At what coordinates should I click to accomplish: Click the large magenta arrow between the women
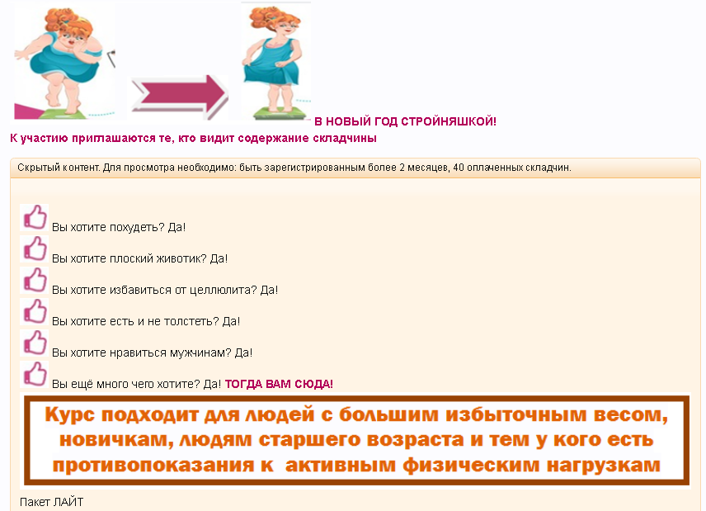click(x=180, y=97)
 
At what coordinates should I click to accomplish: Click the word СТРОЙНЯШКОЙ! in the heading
click(x=449, y=121)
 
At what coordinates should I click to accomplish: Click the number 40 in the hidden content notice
click(x=459, y=168)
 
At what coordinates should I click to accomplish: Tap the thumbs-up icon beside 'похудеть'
click(x=35, y=218)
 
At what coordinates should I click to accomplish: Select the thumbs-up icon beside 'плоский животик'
click(x=35, y=248)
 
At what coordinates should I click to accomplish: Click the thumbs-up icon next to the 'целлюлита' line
click(x=35, y=281)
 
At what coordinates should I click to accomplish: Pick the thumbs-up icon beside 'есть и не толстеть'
click(x=35, y=311)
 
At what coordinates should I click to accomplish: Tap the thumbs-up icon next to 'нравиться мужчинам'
click(x=35, y=343)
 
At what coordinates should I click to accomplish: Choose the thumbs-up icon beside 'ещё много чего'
click(x=35, y=374)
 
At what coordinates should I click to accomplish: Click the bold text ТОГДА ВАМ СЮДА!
click(x=279, y=384)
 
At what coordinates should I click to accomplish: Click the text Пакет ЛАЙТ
click(x=52, y=502)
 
